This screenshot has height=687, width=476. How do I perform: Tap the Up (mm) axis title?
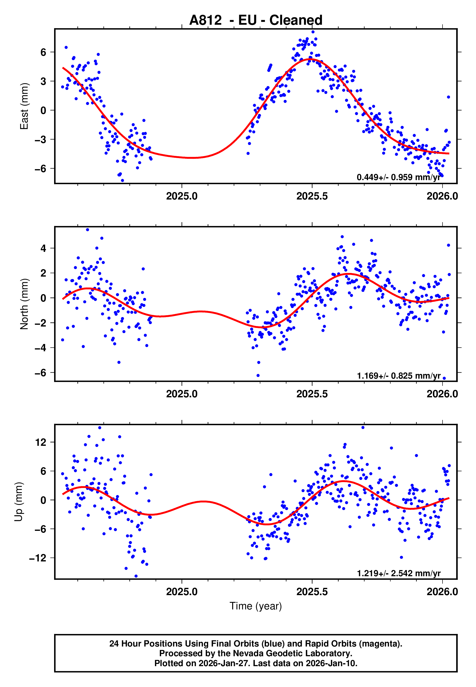(18, 502)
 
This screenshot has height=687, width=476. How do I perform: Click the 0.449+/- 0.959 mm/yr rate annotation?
(398, 177)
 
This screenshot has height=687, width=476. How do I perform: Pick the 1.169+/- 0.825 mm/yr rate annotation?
(398, 376)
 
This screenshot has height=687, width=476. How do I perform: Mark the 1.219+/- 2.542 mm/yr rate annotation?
(398, 573)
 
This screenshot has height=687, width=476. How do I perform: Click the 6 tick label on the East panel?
(43, 52)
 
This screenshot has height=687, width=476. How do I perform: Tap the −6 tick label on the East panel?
(41, 169)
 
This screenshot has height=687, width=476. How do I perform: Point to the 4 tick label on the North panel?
(43, 248)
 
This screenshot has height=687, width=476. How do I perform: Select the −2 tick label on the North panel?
(41, 323)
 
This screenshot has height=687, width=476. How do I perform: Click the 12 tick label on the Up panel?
(41, 442)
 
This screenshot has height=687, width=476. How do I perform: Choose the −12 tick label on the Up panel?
(38, 558)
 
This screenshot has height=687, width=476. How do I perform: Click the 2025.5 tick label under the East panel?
(312, 196)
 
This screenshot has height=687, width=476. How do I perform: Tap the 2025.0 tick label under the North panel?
(182, 394)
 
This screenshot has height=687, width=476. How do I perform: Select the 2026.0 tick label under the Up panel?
(442, 592)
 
